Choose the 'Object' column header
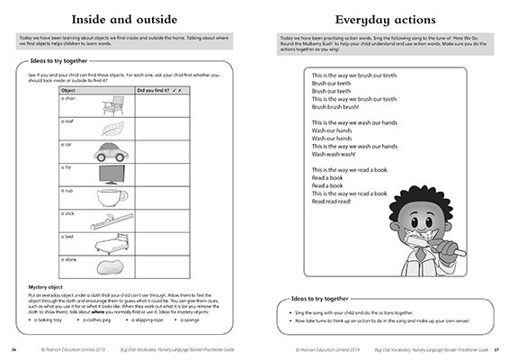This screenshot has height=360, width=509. (x=69, y=91)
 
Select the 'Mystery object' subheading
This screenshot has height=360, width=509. (x=45, y=287)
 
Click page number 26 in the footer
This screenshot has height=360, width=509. (x=13, y=350)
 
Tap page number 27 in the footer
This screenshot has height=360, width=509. (x=496, y=350)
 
